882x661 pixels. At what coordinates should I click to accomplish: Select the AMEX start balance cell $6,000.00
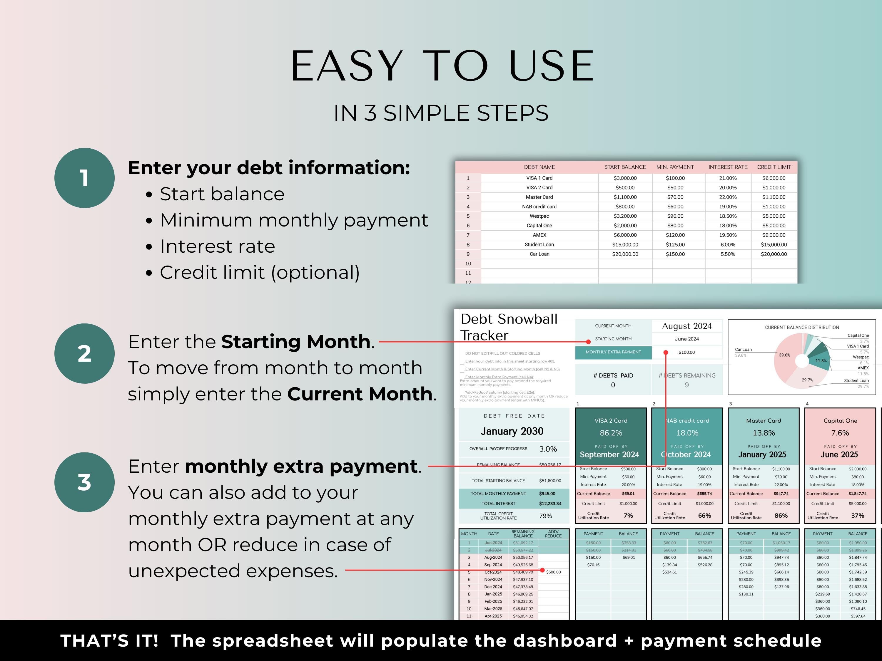pos(625,235)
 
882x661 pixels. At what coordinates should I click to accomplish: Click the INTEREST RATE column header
pos(728,167)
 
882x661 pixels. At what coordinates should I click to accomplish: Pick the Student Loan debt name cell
pos(539,245)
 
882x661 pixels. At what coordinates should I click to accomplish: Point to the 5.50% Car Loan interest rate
pos(728,254)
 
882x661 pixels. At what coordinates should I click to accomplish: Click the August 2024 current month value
pos(686,326)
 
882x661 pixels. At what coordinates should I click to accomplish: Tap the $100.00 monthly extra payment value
pos(686,352)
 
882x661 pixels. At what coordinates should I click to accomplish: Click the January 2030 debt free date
pos(512,431)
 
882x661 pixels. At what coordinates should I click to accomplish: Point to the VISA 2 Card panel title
pos(611,421)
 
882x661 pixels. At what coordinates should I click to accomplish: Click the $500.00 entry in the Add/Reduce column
pos(553,572)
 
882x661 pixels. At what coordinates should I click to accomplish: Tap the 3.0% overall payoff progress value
pos(548,449)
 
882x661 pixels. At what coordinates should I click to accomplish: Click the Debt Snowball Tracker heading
pos(509,327)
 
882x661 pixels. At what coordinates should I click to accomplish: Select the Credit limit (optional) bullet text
pos(260,273)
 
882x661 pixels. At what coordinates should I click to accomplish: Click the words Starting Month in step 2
pos(296,342)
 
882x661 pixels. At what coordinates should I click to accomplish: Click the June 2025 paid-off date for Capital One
pos(839,454)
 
